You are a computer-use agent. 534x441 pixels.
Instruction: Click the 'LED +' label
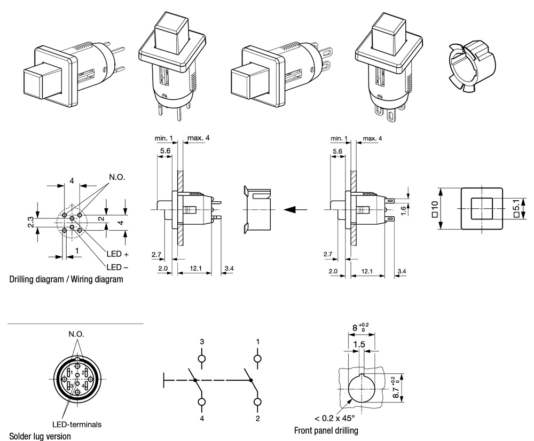point(117,255)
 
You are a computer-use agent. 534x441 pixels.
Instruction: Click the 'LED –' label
point(117,267)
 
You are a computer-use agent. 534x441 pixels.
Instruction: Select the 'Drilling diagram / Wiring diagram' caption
point(66,279)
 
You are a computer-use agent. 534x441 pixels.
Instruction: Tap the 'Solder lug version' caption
point(40,436)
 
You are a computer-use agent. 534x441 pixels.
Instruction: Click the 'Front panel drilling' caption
point(326,430)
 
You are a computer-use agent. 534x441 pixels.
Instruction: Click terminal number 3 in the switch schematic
point(202,341)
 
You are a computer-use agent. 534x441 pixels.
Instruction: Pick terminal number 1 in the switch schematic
point(257,341)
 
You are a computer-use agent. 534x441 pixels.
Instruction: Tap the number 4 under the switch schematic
point(202,419)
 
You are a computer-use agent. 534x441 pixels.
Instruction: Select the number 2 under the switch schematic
point(257,419)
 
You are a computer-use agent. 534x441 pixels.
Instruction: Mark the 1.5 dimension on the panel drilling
point(359,345)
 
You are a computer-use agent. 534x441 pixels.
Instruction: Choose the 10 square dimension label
point(435,208)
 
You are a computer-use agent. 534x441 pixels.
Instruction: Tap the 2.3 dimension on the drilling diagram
point(31,222)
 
